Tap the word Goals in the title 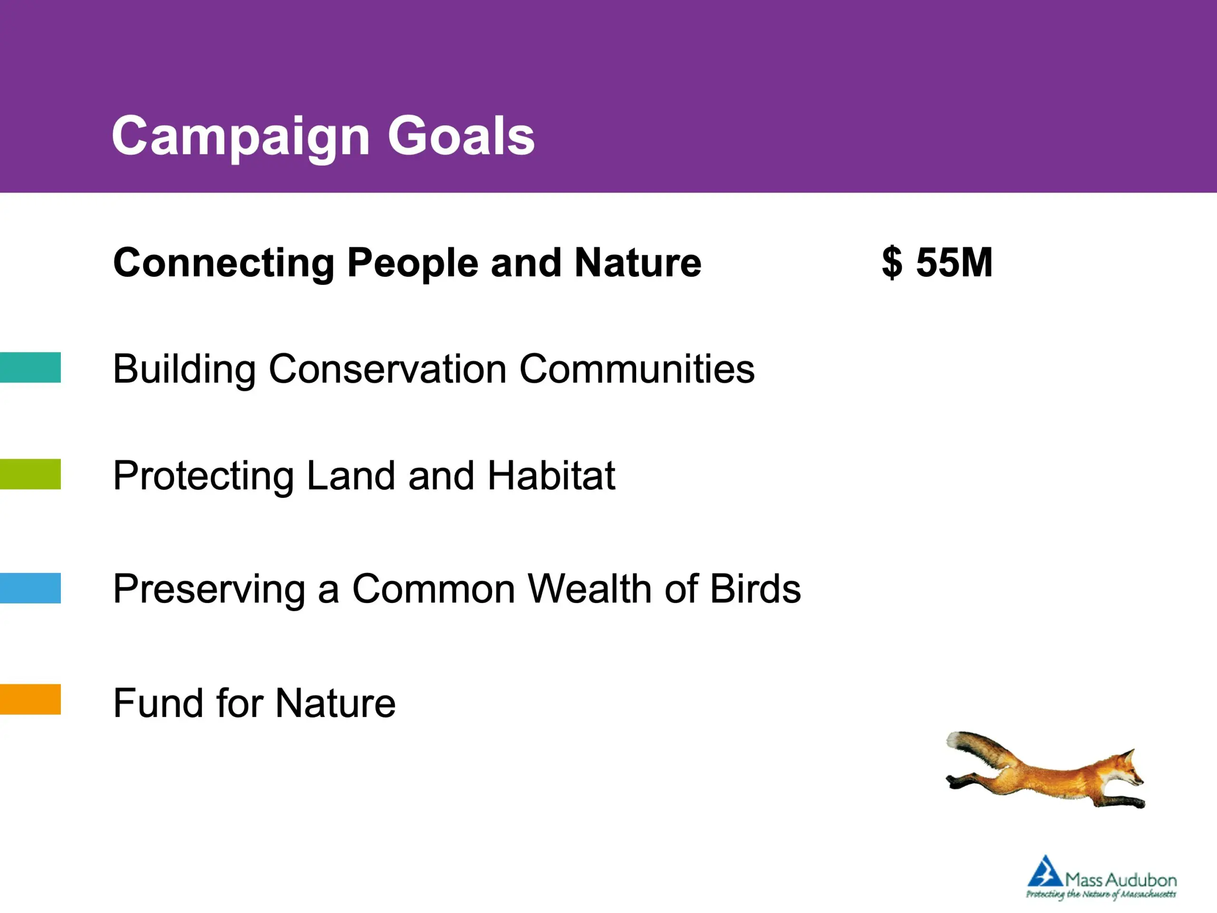[x=461, y=136]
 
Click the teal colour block [x=30, y=367]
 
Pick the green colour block [x=30, y=474]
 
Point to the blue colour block [x=30, y=588]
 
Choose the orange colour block [x=30, y=699]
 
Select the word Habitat [x=551, y=476]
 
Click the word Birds [x=755, y=589]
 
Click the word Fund [x=158, y=703]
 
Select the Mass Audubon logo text [x=1120, y=879]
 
